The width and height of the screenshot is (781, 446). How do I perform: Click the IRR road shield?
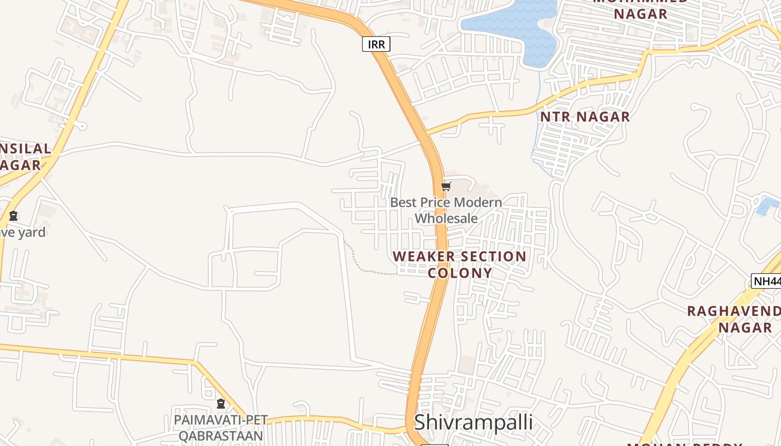pyautogui.click(x=376, y=44)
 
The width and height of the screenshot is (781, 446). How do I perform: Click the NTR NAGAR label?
pyautogui.click(x=585, y=117)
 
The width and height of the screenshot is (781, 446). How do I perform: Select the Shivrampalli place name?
pyautogui.click(x=473, y=423)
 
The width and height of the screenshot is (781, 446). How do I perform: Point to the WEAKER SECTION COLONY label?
pyautogui.click(x=460, y=264)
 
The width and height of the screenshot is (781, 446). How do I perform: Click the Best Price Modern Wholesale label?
pyautogui.click(x=446, y=210)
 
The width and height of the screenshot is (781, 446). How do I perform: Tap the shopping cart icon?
pyautogui.click(x=446, y=187)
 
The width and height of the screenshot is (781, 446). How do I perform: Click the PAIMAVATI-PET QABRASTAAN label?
pyautogui.click(x=221, y=428)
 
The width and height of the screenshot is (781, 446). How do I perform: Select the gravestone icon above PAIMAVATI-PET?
pyautogui.click(x=221, y=404)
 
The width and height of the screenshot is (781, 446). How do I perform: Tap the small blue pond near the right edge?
pyautogui.click(x=767, y=206)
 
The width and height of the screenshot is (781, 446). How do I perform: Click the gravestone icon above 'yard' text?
pyautogui.click(x=13, y=216)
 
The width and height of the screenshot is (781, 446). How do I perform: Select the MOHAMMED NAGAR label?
pyautogui.click(x=640, y=8)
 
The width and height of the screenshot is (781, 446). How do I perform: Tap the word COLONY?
pyautogui.click(x=460, y=273)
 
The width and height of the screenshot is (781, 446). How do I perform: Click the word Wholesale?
pyautogui.click(x=446, y=219)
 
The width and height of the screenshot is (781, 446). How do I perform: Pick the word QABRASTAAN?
pyautogui.click(x=221, y=435)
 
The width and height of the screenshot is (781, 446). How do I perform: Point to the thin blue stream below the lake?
pyautogui.click(x=538, y=123)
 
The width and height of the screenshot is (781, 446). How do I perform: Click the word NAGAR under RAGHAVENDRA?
pyautogui.click(x=745, y=327)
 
